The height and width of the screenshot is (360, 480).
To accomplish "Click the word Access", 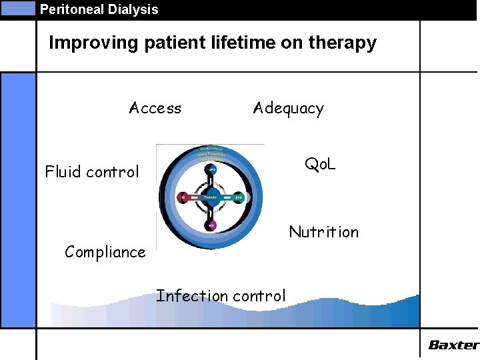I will pyautogui.click(x=155, y=108).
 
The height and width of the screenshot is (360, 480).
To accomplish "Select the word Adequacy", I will pyautogui.click(x=288, y=109).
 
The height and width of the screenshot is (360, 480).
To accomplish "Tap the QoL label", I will pyautogui.click(x=320, y=163).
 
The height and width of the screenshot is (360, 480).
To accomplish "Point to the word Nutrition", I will pyautogui.click(x=323, y=232).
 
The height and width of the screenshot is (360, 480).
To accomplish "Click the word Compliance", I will pyautogui.click(x=105, y=252).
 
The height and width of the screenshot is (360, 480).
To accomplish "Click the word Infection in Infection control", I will pyautogui.click(x=189, y=295).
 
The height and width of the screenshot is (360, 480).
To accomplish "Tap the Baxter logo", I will pyautogui.click(x=453, y=345).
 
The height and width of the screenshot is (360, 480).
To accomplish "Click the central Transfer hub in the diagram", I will pyautogui.click(x=211, y=197).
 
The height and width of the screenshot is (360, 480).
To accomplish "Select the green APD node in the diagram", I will pyautogui.click(x=238, y=197).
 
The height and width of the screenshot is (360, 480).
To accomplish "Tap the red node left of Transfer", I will pyautogui.click(x=183, y=197).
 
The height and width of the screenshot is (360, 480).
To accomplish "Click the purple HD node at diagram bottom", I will pyautogui.click(x=211, y=225).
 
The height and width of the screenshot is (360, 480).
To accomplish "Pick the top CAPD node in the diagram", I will pyautogui.click(x=211, y=169).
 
